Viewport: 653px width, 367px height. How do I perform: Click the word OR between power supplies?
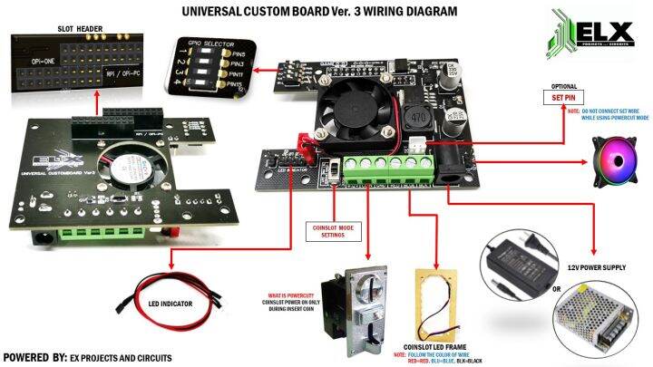coord(556,290)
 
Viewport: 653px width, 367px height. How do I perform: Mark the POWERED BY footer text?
coord(87,358)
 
